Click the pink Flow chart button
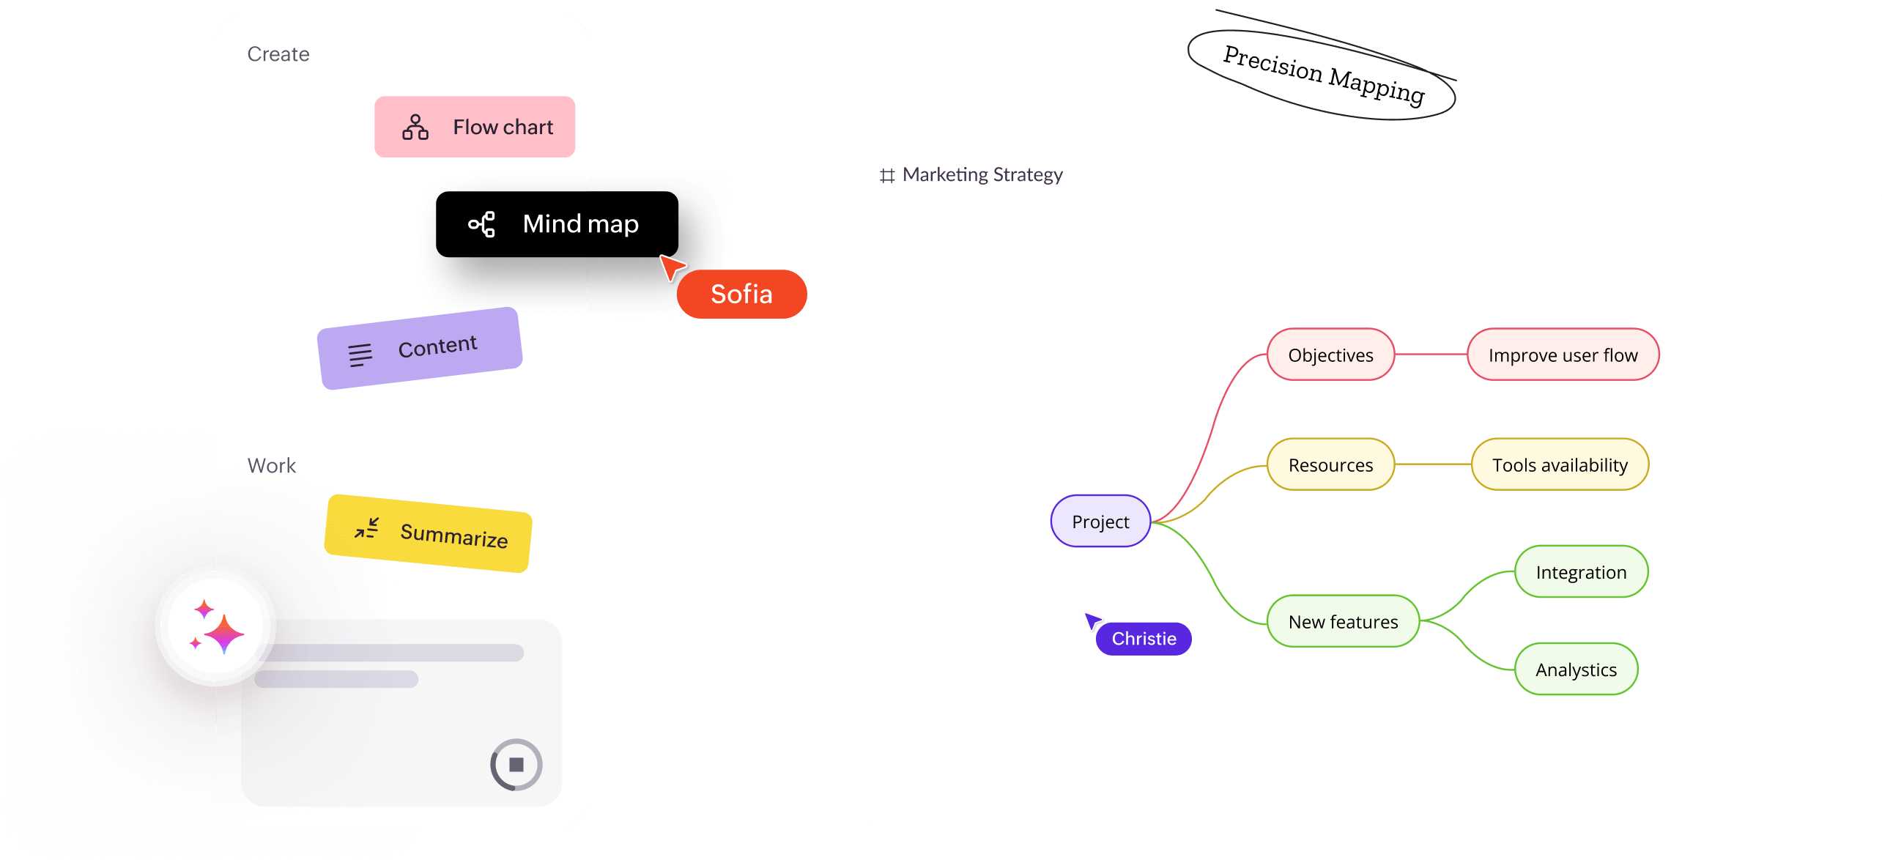point(475,127)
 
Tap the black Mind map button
point(557,224)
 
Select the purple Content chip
point(420,348)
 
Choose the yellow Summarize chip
point(429,533)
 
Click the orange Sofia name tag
point(741,294)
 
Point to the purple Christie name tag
point(1144,639)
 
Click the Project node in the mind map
point(1100,522)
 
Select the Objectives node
point(1330,355)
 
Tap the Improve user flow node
point(1563,355)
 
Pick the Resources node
point(1330,465)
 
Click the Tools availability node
point(1560,465)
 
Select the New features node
point(1343,622)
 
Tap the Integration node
point(1581,572)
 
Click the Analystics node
point(1576,670)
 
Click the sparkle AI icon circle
point(215,627)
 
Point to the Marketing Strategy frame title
point(982,175)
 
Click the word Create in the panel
point(278,54)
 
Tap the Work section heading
point(272,466)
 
